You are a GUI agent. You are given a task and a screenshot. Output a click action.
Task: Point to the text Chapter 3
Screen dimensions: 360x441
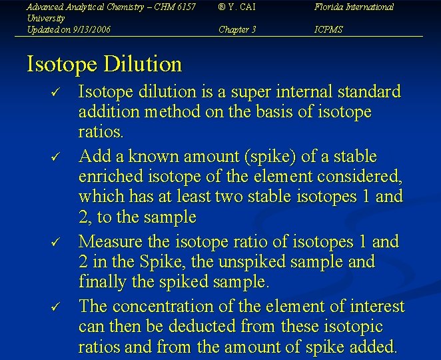point(237,29)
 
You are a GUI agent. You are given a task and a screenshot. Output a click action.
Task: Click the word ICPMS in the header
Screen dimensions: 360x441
point(328,29)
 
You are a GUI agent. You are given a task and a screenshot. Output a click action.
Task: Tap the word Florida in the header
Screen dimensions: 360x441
point(331,7)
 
